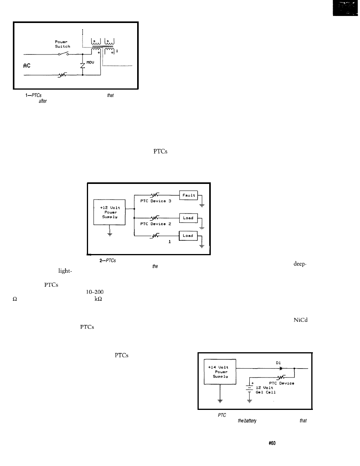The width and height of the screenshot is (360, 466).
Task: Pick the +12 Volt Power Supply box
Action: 109,213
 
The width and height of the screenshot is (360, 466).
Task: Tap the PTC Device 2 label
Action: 156,224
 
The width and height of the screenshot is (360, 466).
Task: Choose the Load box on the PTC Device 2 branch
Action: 188,218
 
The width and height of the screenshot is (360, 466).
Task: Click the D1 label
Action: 279,362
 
